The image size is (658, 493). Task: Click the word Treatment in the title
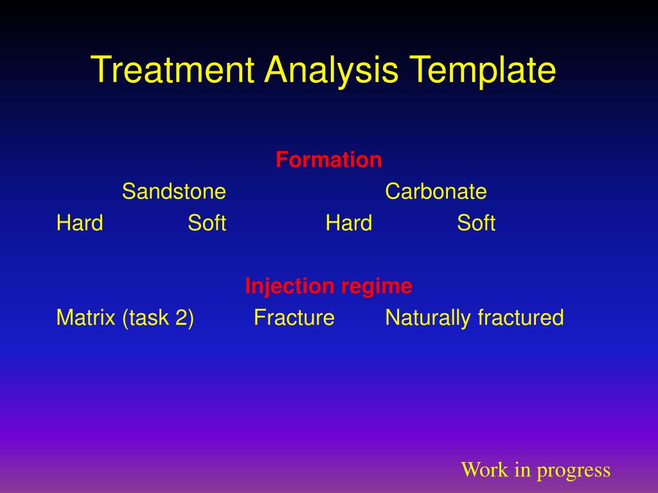pyautogui.click(x=172, y=69)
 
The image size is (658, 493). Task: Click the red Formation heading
pyautogui.click(x=328, y=160)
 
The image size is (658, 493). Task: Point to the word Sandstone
pyautogui.click(x=173, y=191)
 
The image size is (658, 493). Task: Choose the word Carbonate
pyautogui.click(x=436, y=191)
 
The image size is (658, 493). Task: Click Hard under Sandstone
pyautogui.click(x=80, y=223)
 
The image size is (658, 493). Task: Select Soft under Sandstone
pyautogui.click(x=207, y=223)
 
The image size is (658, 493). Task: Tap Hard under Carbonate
pyautogui.click(x=349, y=223)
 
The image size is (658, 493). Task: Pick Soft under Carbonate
pyautogui.click(x=476, y=223)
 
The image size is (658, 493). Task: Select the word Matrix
pyautogui.click(x=85, y=317)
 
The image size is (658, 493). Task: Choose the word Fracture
pyautogui.click(x=294, y=317)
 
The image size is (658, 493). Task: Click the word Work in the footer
pyautogui.click(x=485, y=469)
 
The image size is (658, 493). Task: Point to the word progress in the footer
pyautogui.click(x=574, y=471)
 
